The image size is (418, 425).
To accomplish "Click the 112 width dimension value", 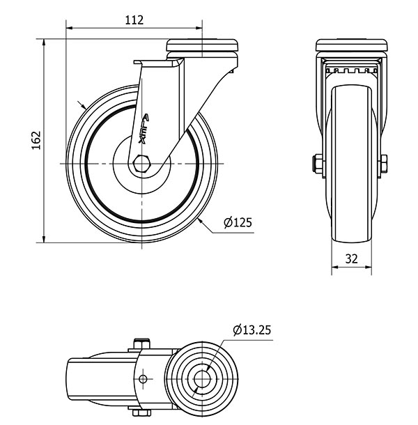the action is (134, 20).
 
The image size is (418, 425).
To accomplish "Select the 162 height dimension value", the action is (36, 141).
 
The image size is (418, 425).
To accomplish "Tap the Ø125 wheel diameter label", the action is (238, 222).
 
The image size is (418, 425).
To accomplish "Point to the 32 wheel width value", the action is (352, 259).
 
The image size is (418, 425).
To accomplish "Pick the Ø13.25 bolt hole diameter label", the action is (251, 330).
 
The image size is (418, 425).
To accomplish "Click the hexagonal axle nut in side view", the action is (141, 164).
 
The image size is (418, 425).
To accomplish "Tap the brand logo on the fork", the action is (144, 129).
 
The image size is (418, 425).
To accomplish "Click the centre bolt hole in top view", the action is (202, 378).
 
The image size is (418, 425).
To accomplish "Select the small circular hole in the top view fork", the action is (143, 378).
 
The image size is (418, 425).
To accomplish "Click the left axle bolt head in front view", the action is (317, 164).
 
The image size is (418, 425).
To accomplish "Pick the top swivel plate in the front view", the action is (202, 45).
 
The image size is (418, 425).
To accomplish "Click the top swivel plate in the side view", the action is (352, 45).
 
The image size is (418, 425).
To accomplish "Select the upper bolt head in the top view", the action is (141, 343).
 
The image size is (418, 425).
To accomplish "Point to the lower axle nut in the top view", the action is (141, 412).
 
